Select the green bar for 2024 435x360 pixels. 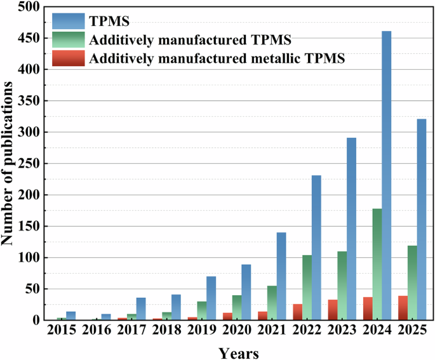(x=377, y=264)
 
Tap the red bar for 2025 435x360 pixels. (x=403, y=308)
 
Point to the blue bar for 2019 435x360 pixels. (x=211, y=298)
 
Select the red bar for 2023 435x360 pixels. (x=333, y=310)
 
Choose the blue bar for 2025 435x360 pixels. (x=421, y=220)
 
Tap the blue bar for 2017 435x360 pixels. (x=141, y=309)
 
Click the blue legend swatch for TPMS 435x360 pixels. (x=69, y=21)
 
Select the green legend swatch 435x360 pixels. (x=69, y=40)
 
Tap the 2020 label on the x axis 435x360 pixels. (x=236, y=331)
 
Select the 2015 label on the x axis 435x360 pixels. (x=62, y=331)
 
